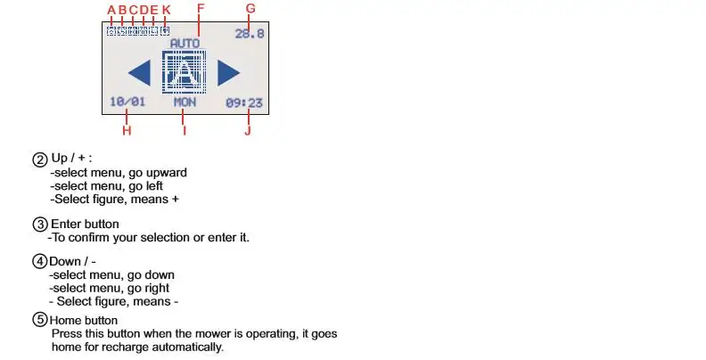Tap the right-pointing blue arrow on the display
[229, 72]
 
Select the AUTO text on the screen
[185, 43]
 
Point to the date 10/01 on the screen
[127, 102]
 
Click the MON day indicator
[185, 102]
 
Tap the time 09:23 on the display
[244, 102]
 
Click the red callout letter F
[200, 10]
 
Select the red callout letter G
[250, 9]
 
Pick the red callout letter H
[127, 131]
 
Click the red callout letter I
[185, 131]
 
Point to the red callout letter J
[247, 131]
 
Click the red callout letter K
[166, 11]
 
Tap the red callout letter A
[111, 11]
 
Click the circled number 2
[40, 160]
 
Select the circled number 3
[40, 224]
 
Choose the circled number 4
[40, 261]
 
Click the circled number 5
[40, 320]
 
